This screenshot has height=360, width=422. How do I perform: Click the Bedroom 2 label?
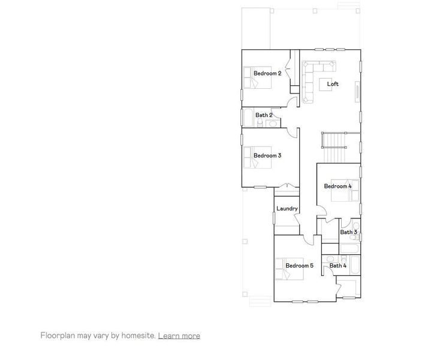tap(267, 73)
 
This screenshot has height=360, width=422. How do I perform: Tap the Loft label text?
tap(333, 84)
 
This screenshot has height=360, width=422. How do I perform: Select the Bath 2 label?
tap(264, 115)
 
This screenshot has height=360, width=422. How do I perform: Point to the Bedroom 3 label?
tap(267, 155)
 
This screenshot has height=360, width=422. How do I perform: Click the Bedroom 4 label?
tap(337, 186)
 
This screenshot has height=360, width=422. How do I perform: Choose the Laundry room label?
tap(287, 208)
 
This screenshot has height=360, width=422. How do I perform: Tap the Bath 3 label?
tap(348, 232)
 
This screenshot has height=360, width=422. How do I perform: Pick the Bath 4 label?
tap(337, 265)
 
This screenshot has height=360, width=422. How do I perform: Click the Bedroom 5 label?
tap(299, 265)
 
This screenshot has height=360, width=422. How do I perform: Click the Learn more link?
tap(179, 335)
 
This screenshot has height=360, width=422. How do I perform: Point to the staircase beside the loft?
tap(334, 146)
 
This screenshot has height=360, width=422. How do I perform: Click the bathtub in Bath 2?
tap(248, 118)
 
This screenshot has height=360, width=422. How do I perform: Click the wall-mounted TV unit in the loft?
tap(358, 92)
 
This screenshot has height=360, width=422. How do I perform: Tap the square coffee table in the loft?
tap(327, 84)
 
